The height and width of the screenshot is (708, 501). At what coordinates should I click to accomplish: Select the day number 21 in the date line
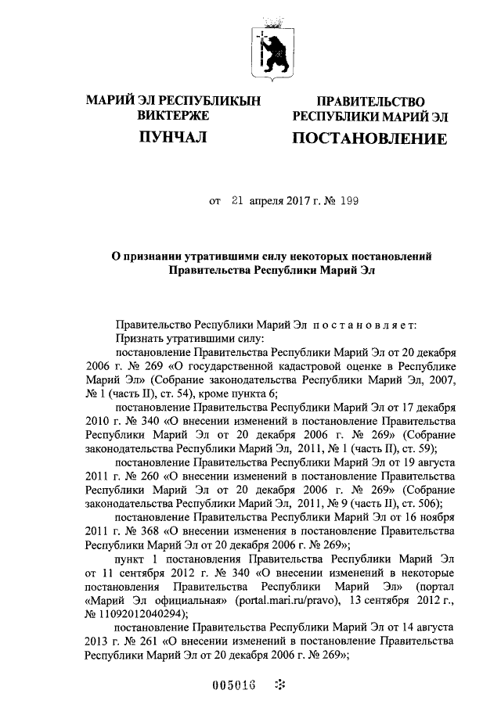238,201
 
